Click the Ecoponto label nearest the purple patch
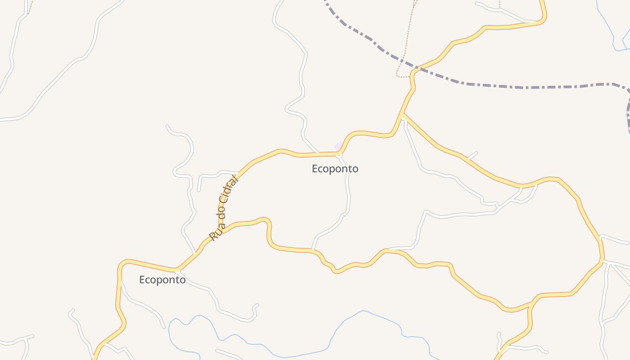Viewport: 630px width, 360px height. click(335, 169)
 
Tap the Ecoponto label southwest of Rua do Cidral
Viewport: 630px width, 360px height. click(162, 280)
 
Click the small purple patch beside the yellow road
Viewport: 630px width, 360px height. click(338, 146)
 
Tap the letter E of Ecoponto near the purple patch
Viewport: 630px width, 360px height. click(315, 169)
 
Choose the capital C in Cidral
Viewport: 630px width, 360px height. click(223, 203)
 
